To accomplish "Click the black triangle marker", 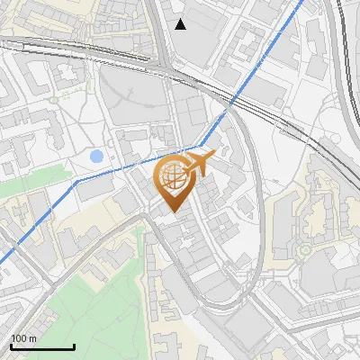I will (181, 23).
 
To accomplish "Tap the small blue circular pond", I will (96, 157).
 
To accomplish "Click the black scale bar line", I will (42, 346).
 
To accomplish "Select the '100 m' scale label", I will (23, 338).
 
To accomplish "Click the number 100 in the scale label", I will (19, 338).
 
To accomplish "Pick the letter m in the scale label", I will (32, 338).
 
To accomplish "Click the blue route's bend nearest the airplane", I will (200, 145).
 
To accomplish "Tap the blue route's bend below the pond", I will (77, 180).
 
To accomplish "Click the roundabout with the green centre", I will (306, 248).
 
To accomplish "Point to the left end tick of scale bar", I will (12, 346).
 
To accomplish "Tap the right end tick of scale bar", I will (74, 346).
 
